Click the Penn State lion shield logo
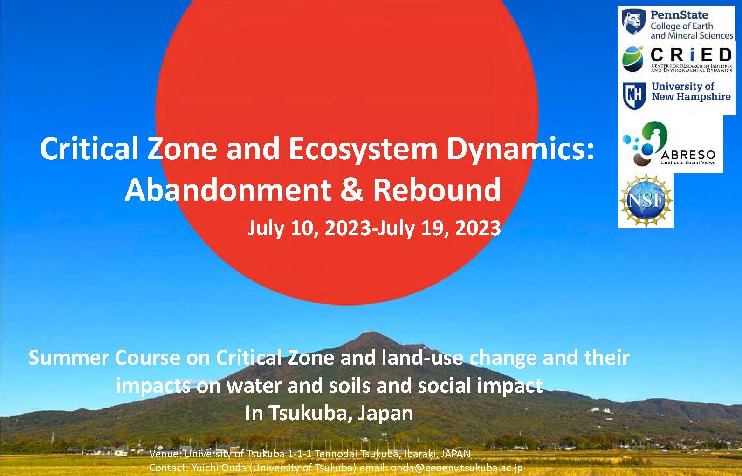coord(633,22)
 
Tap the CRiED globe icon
coord(632,59)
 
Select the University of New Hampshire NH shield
coord(634,96)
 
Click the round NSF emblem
coord(646,201)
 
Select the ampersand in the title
coord(352,190)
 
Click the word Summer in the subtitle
coord(69,358)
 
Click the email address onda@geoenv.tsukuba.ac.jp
coord(456,468)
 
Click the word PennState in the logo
coord(679,14)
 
